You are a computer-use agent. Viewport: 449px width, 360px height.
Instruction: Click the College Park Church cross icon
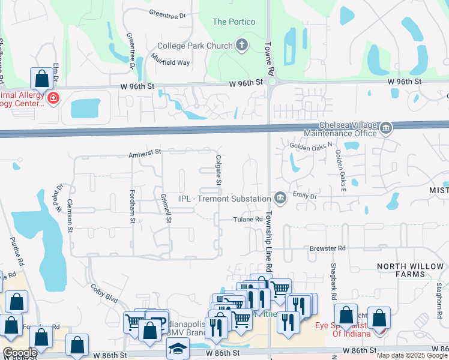coord(241,45)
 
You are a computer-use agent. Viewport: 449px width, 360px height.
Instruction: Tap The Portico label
coord(234,22)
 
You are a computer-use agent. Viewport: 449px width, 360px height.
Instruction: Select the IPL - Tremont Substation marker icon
coord(280,198)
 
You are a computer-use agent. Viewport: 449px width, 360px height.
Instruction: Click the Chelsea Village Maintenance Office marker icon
coord(386,127)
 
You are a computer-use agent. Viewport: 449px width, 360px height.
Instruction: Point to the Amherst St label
coord(145,154)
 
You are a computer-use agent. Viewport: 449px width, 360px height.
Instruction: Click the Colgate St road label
coord(218,169)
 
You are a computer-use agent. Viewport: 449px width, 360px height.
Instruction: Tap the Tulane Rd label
coord(248,220)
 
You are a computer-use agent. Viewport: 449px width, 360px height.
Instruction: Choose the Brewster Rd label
coord(328,248)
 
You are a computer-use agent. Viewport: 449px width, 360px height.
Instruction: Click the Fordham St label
coord(132,206)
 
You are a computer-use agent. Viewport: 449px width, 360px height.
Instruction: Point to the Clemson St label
coord(70,215)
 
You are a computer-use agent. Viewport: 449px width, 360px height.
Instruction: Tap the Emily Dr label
coord(304,194)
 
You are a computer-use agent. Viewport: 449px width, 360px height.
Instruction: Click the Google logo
coord(19,353)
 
